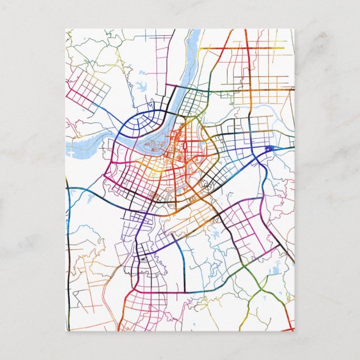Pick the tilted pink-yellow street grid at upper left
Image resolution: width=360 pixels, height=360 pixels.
point(88,89)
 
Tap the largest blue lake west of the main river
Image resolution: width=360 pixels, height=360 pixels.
point(140,87)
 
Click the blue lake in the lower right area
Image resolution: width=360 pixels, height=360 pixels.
point(274,271)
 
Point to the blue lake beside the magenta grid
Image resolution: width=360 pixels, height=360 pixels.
point(214,235)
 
